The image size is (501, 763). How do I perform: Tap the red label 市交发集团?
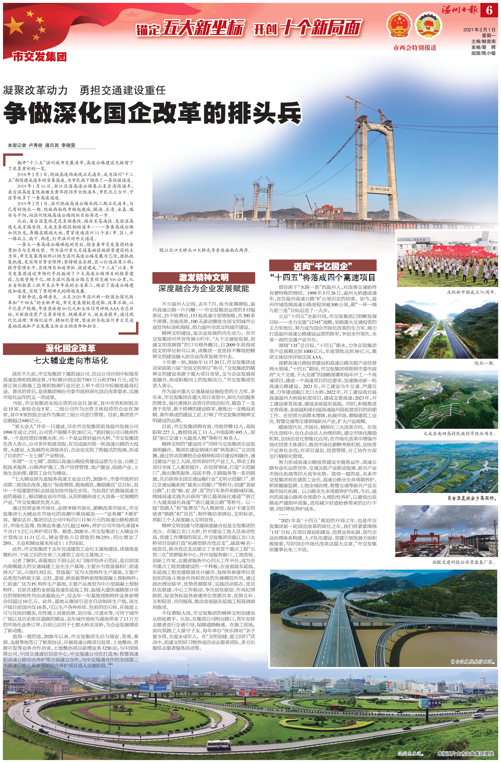[x=39, y=57]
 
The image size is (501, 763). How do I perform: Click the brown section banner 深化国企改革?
[x=70, y=349]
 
